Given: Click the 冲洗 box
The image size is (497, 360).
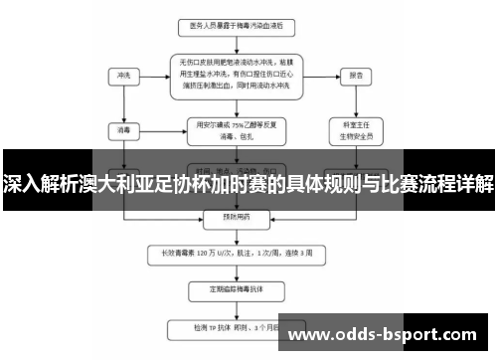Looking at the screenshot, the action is click(x=123, y=74).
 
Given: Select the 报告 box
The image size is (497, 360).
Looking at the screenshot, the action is click(x=353, y=74).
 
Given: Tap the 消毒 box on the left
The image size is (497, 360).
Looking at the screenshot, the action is click(x=123, y=128).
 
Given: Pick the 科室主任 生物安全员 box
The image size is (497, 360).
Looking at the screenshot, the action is click(x=353, y=129).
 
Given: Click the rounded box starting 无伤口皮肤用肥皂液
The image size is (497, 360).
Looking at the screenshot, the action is click(x=236, y=74).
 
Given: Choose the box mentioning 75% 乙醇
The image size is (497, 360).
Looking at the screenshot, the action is click(x=236, y=128).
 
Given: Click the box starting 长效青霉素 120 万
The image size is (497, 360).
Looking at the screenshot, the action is click(x=236, y=252).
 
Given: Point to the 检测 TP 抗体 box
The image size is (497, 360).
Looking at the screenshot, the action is click(x=236, y=326).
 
